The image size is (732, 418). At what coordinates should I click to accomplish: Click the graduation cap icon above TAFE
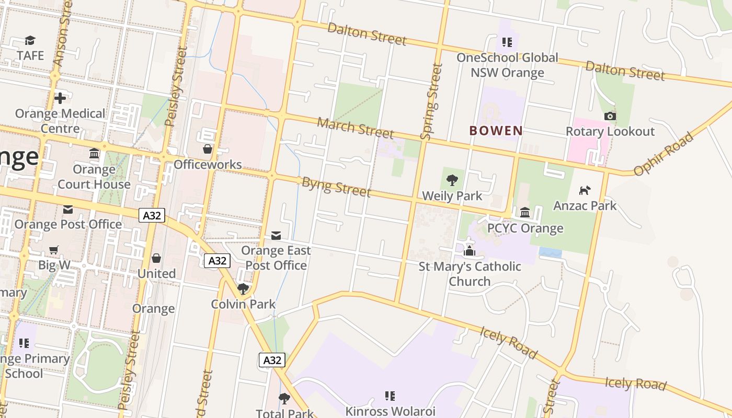coord(30,40)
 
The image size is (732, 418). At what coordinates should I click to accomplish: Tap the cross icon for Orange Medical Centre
coord(60,98)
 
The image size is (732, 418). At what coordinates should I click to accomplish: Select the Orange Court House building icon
coord(94,154)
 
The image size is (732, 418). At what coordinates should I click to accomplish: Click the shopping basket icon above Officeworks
coord(208,149)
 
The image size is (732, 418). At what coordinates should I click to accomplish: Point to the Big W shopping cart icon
coord(54,250)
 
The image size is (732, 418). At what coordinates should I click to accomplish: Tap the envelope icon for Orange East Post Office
coord(276,236)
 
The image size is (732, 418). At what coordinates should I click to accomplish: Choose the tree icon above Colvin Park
coord(243,288)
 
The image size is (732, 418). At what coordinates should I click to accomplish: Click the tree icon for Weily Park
coord(452,181)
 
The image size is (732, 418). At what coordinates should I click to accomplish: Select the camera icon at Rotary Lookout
coord(610,116)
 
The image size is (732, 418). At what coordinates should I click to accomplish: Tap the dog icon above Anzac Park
coord(585,190)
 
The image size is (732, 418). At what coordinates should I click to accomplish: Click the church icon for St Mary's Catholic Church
coord(470,251)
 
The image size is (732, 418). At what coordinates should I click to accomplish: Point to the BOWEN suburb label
coord(496,131)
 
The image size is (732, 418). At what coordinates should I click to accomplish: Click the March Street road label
coord(355,127)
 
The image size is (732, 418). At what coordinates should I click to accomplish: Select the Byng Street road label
coord(336,187)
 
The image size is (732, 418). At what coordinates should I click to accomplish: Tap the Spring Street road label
coord(431,101)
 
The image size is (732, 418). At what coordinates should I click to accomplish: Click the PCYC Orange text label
coord(525,228)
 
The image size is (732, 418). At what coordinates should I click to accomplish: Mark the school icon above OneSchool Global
coord(507,42)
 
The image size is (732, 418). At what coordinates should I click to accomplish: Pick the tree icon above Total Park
coord(284,399)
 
